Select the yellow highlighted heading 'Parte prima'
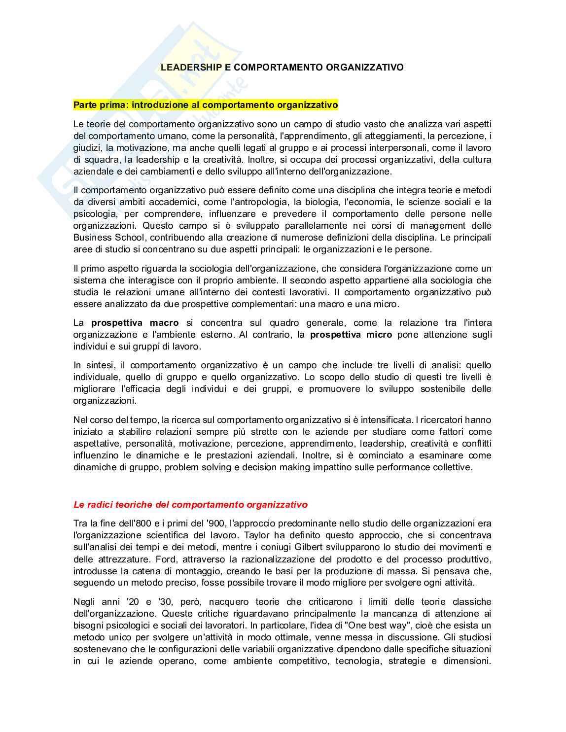click(x=206, y=105)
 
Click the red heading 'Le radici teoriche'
click(x=190, y=505)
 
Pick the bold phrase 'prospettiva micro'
click(x=351, y=335)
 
